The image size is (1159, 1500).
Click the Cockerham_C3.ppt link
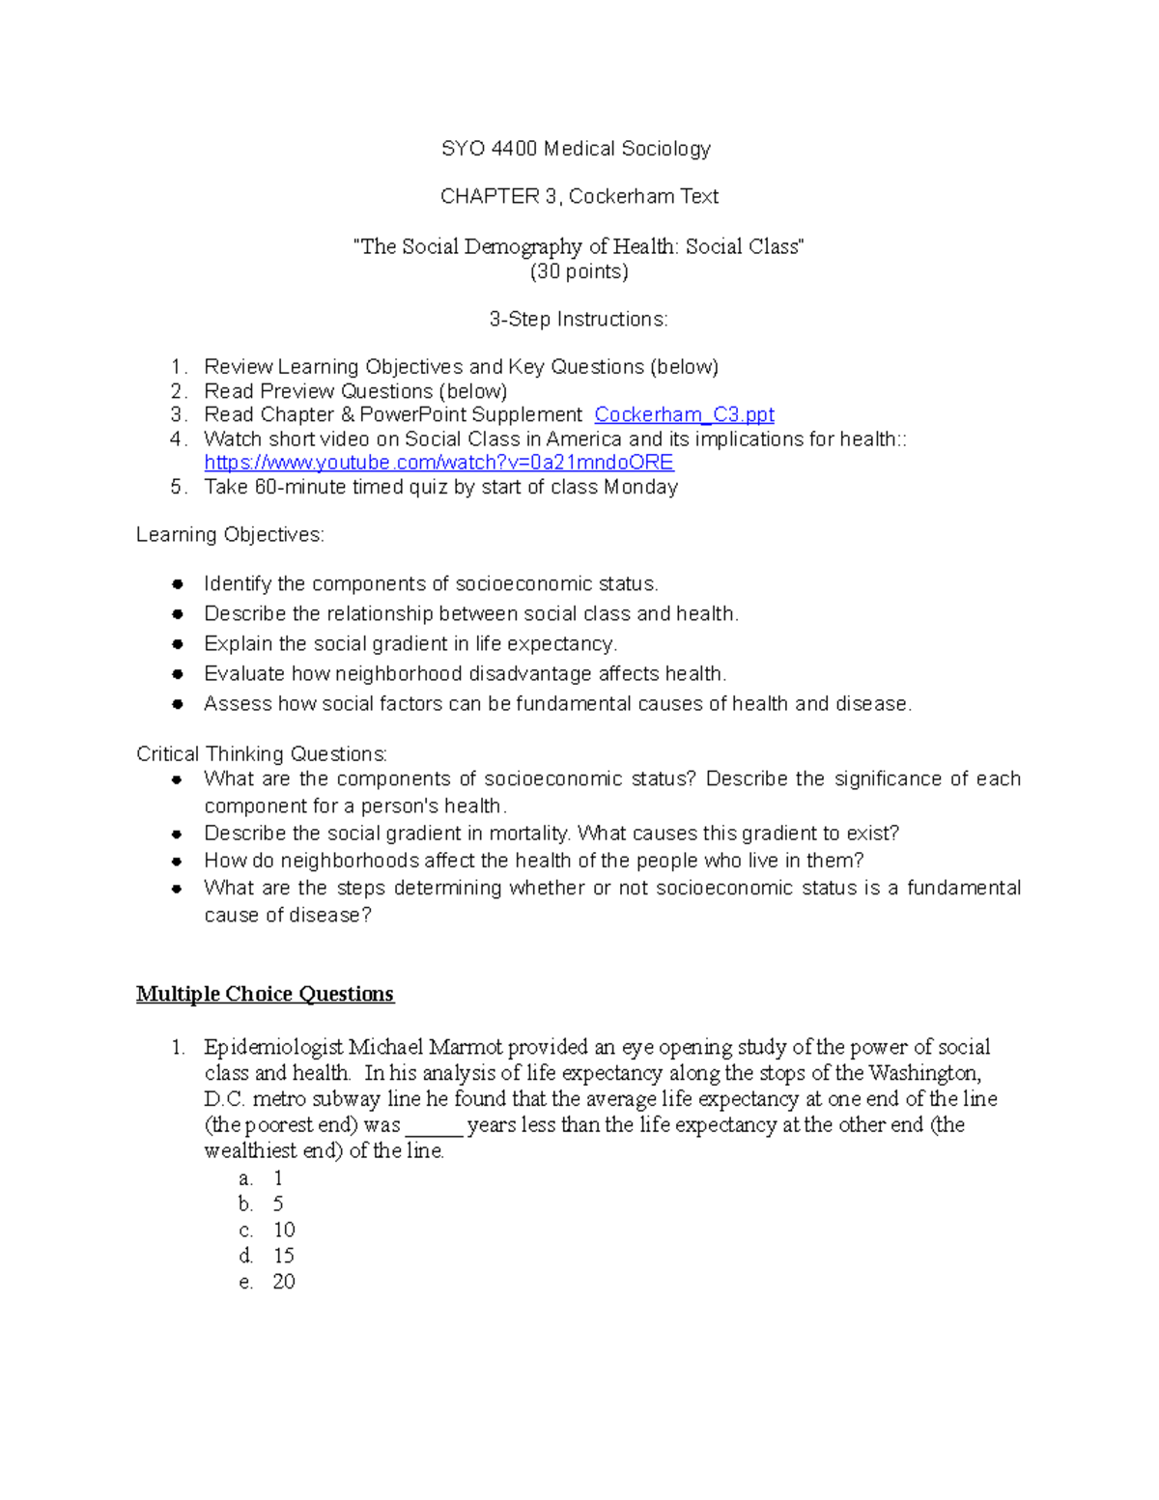click(684, 414)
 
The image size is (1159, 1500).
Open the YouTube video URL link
click(438, 463)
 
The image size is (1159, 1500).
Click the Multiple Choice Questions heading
click(265, 994)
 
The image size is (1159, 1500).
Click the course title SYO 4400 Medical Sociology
click(576, 149)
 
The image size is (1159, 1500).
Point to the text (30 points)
click(579, 271)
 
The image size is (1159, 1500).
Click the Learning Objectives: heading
click(230, 535)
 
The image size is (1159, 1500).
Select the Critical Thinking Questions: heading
click(262, 753)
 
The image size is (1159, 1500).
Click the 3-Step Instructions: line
click(579, 320)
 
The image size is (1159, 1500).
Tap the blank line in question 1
click(435, 1126)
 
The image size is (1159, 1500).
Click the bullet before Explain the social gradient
click(177, 644)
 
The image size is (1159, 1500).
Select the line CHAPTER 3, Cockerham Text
click(579, 197)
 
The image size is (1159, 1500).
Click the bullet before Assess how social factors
click(177, 704)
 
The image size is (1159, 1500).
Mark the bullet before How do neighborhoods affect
click(177, 861)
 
